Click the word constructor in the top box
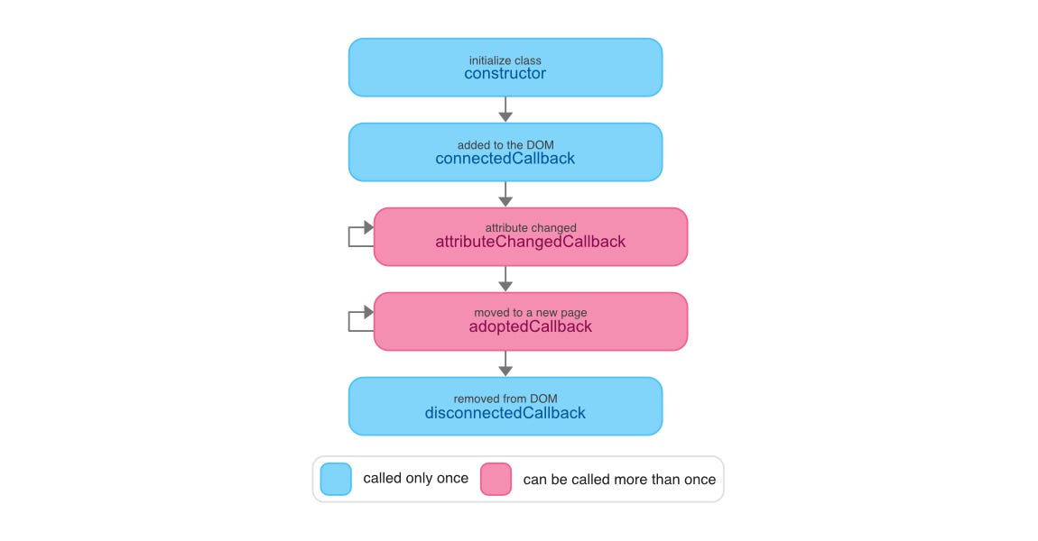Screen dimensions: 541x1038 [505, 74]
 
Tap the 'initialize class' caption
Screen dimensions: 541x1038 [505, 60]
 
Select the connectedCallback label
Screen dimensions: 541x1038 [505, 159]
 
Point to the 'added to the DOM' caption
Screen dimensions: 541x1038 [505, 145]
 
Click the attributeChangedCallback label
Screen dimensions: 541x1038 [530, 242]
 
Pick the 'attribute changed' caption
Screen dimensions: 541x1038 [530, 228]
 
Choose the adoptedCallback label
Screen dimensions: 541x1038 [530, 326]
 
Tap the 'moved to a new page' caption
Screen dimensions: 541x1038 [530, 313]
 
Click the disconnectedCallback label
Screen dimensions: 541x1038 [505, 413]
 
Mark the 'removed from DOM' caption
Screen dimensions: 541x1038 [505, 399]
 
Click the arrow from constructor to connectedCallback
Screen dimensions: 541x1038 [505, 109]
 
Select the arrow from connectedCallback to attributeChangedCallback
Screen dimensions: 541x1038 [505, 194]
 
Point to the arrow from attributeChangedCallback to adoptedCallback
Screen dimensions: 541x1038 [505, 279]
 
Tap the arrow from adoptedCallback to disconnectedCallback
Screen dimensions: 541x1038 [505, 363]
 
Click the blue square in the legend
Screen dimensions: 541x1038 [336, 479]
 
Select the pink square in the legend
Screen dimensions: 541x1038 [496, 479]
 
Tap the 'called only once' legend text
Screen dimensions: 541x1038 [415, 479]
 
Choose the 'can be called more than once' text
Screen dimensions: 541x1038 [619, 480]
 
